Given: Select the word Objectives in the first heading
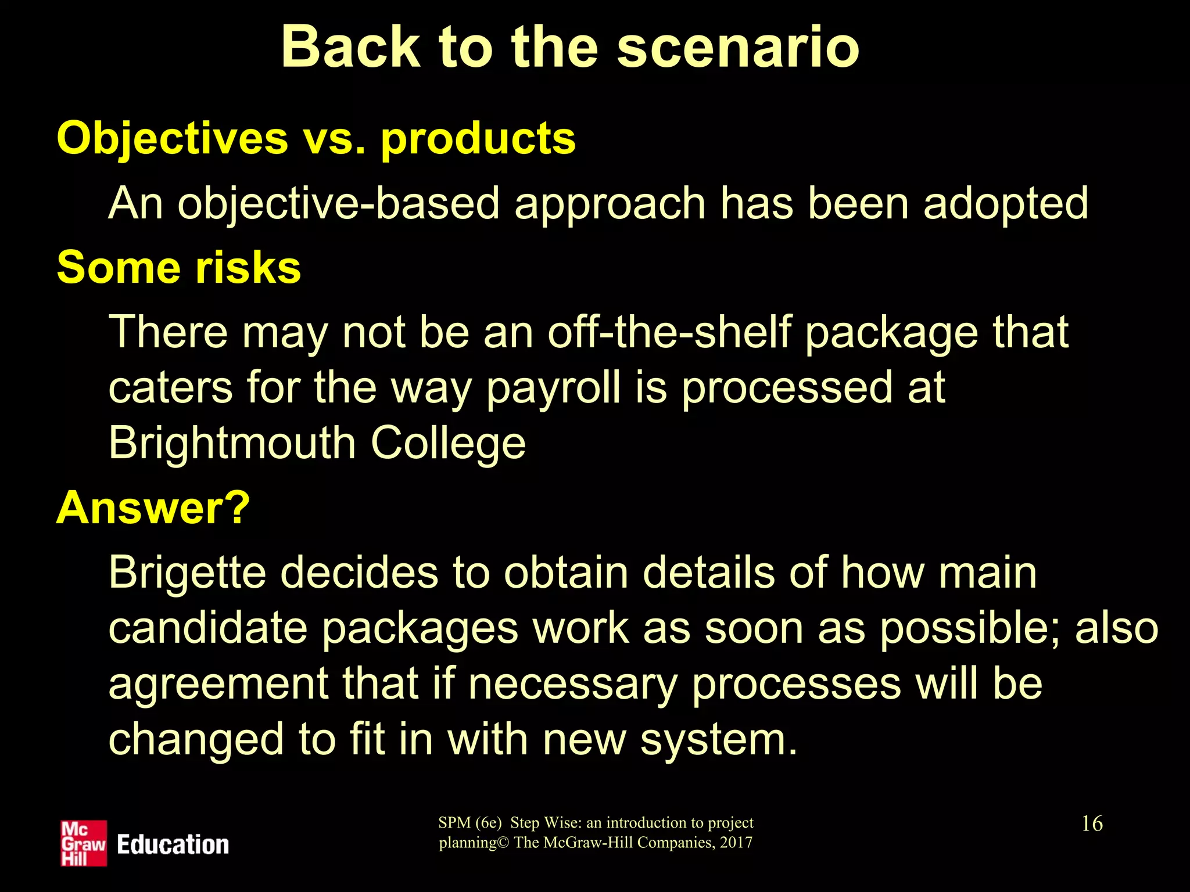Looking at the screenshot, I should pos(172,138).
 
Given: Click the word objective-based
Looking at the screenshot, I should pos(338,204).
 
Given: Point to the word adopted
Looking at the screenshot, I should pos(1006,204).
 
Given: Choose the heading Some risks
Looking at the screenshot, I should pos(179,268).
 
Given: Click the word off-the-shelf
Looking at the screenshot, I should pos(669,332).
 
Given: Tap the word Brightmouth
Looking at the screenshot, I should pos(232,443).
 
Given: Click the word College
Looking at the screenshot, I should pos(448,444).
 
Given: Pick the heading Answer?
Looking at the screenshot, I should pos(153,508).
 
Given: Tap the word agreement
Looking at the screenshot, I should pos(218,684).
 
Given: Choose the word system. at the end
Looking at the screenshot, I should pos(719,740).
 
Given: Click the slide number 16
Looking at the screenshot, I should pos(1092,823).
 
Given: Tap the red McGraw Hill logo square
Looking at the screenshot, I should pos(84,843).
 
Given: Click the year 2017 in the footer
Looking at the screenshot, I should pos(736,842).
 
